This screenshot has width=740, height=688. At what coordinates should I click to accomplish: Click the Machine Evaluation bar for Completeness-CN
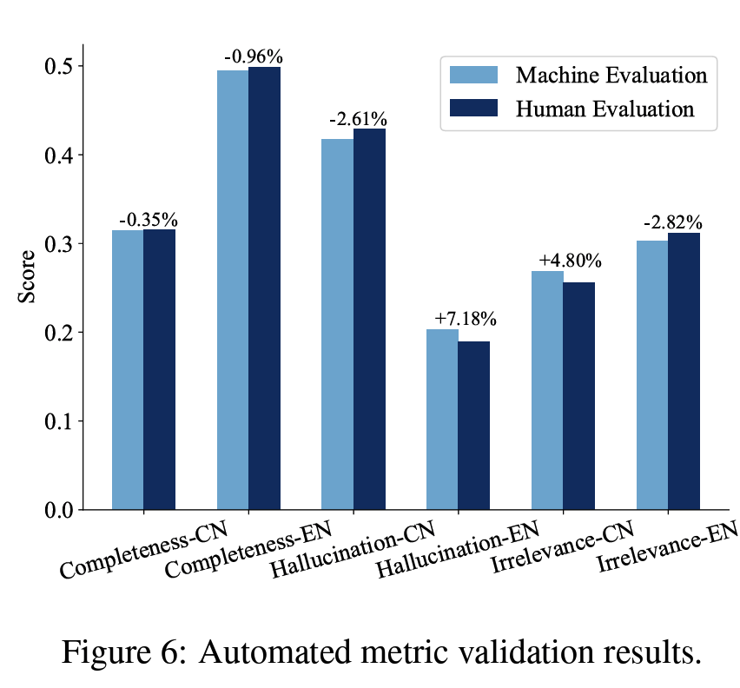coord(128,369)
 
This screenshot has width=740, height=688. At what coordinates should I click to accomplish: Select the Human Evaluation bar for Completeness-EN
coord(264,288)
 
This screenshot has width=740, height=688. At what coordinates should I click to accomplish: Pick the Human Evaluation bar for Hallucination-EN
coord(474,425)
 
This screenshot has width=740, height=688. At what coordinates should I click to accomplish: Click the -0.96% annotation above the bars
coord(254,57)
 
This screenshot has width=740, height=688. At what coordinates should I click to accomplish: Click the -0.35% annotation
coord(148,218)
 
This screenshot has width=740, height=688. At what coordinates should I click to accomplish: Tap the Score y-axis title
coord(27,276)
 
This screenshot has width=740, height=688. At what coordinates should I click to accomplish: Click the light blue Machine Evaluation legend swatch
coord(473,74)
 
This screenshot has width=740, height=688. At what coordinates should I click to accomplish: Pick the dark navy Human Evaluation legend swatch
coord(473,108)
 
